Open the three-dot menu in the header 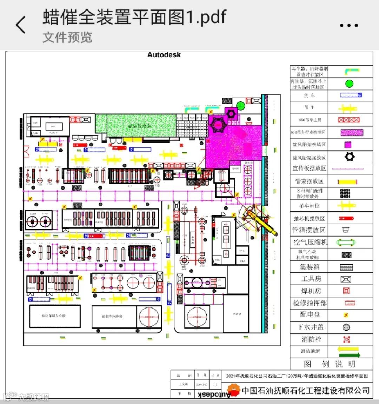click(349, 25)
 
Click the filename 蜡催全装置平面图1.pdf click(135, 17)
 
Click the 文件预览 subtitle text click(67, 37)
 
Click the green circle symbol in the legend click(349, 84)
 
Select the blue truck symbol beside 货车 click(351, 95)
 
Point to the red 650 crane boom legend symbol click(349, 120)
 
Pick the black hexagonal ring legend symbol click(349, 157)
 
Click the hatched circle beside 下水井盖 click(346, 327)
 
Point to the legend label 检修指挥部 click(310, 303)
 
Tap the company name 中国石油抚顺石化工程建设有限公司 click(306, 390)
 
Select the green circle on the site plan click(240, 105)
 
